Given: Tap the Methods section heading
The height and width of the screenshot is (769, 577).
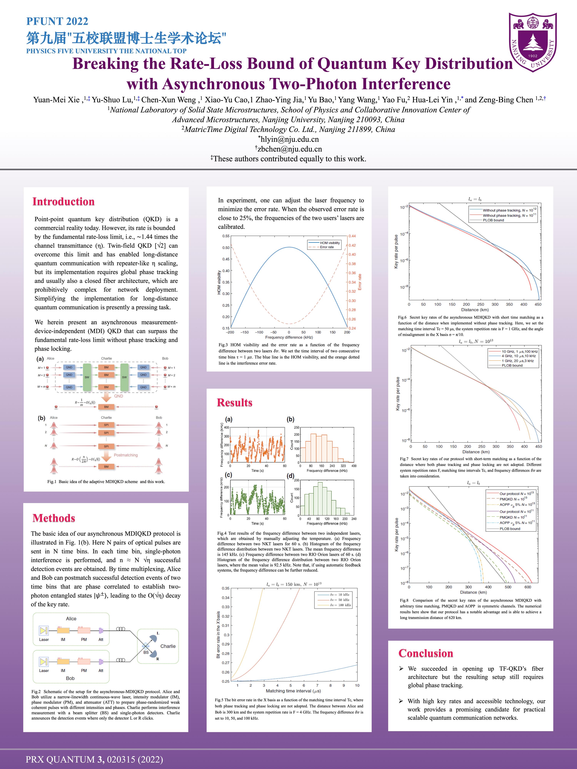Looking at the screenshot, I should (x=54, y=518).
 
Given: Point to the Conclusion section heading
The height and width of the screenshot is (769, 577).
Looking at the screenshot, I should (x=426, y=653).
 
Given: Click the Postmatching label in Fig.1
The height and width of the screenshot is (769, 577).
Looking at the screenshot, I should (x=126, y=455).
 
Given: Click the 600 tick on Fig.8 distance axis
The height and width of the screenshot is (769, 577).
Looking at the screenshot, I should (x=528, y=587).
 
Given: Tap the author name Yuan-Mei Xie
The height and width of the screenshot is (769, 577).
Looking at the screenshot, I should (x=56, y=100).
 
